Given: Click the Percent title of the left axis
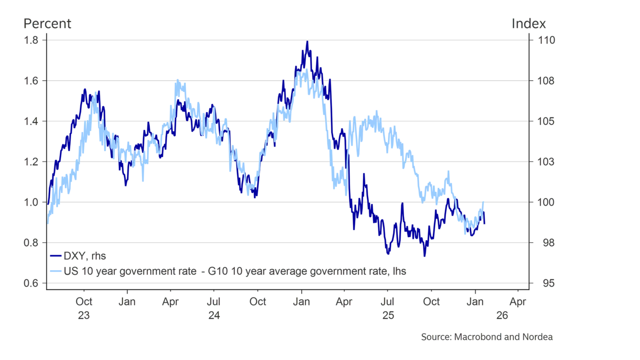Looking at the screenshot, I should (x=49, y=24).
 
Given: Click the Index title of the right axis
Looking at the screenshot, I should (x=529, y=24).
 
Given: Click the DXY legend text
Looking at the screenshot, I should (x=86, y=255).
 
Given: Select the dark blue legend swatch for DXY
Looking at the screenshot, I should (x=55, y=255).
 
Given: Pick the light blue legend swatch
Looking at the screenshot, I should (x=55, y=271).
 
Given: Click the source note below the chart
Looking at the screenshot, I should (x=487, y=337).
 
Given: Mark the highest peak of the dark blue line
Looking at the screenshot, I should (x=307, y=42).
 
